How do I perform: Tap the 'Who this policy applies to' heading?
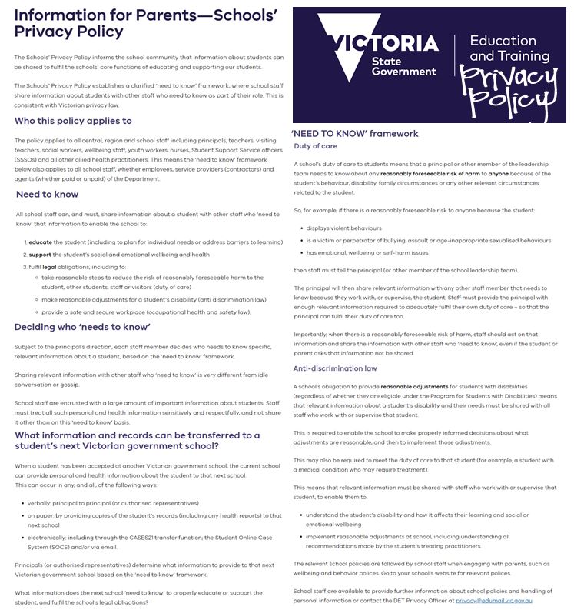(73, 121)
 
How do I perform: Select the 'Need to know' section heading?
(47, 195)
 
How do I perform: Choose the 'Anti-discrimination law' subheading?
(335, 368)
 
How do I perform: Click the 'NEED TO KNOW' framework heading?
(354, 133)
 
